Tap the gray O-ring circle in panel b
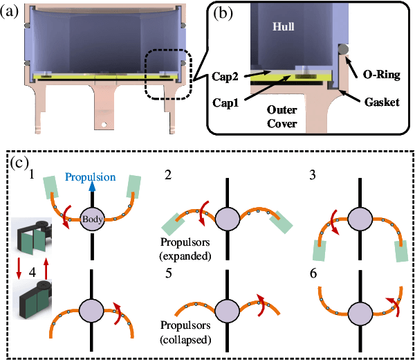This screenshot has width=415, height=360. (342, 48)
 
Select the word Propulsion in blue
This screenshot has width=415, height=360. (92, 177)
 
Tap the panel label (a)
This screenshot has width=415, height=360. (11, 10)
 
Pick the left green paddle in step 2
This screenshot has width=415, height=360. (172, 223)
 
